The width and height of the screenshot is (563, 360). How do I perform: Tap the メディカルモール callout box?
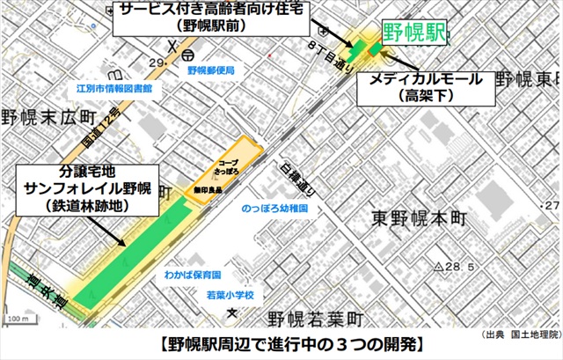[427, 86]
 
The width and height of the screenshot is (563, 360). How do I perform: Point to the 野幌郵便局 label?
[210, 70]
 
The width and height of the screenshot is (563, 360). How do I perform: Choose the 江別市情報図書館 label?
[114, 89]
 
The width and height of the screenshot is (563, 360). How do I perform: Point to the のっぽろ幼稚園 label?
[275, 209]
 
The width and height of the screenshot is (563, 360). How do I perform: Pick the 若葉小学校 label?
[230, 295]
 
